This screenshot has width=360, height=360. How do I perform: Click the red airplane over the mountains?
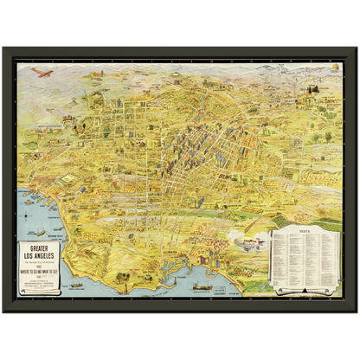[40, 74]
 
